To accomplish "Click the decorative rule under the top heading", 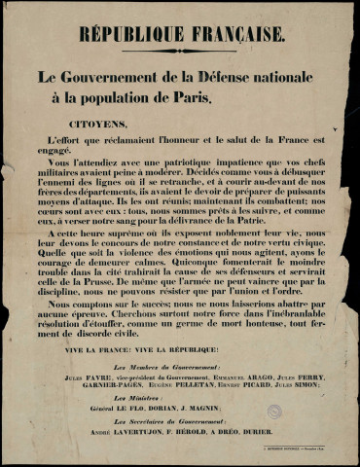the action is pos(182,54).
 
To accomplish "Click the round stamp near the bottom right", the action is pos(274,412).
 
